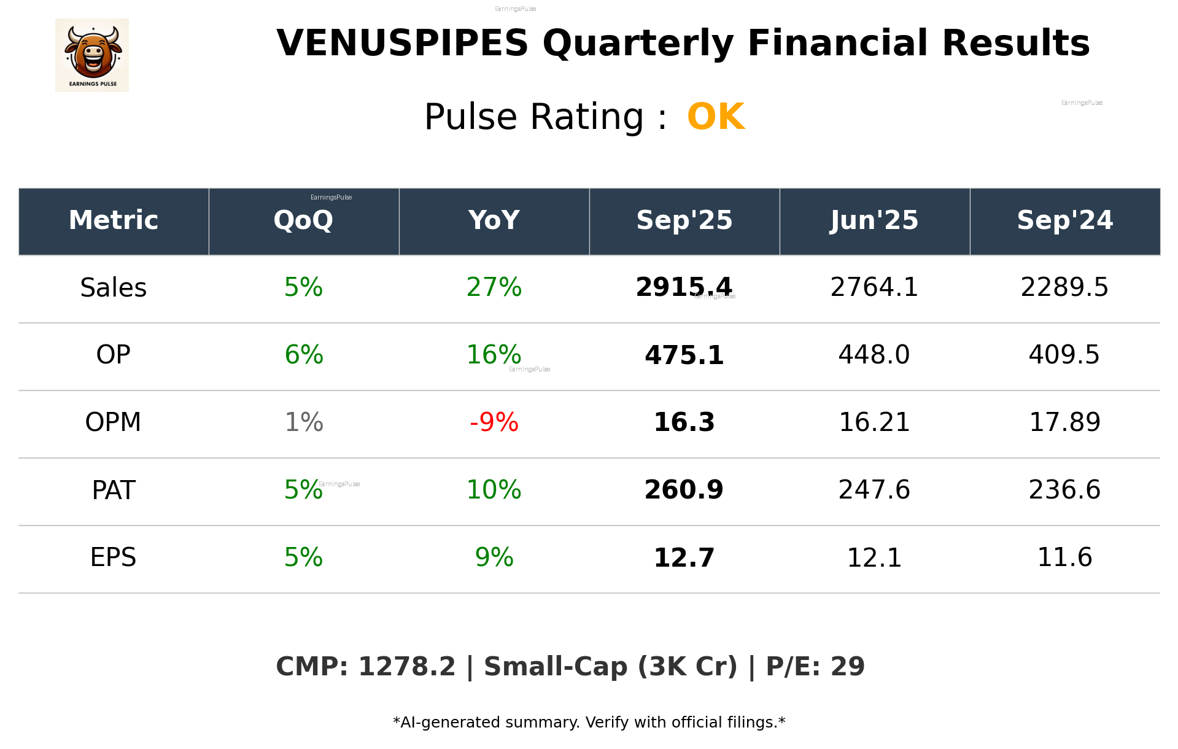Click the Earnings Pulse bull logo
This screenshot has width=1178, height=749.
click(x=92, y=55)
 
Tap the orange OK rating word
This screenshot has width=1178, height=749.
click(x=716, y=117)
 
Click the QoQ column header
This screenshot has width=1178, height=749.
click(x=304, y=220)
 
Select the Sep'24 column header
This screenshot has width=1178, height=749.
click(x=1064, y=220)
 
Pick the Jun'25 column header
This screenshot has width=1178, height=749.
click(x=874, y=220)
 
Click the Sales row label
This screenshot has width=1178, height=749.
click(x=114, y=288)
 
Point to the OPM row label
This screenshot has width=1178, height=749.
click(x=114, y=422)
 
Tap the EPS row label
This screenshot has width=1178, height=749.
click(x=114, y=557)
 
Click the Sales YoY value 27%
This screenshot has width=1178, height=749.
click(x=494, y=288)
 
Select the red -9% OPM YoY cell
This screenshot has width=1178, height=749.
click(x=494, y=422)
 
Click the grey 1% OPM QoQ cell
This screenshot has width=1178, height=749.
click(x=304, y=422)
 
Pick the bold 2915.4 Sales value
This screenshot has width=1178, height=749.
click(x=684, y=288)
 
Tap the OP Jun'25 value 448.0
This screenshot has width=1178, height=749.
click(x=874, y=355)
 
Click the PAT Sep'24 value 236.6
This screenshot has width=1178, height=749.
click(x=1064, y=490)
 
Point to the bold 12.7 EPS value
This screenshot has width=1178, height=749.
click(x=684, y=557)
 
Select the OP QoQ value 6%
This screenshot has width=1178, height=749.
click(x=304, y=355)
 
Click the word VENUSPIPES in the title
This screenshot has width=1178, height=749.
click(x=402, y=44)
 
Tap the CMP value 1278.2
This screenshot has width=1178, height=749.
click(x=406, y=667)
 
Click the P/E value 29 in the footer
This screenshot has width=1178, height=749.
click(x=848, y=667)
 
